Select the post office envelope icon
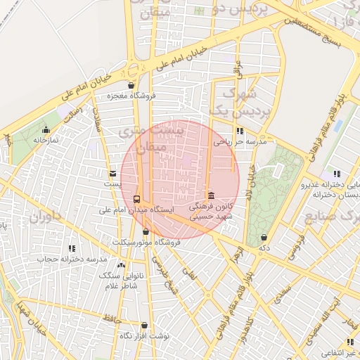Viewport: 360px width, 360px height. click(112, 173)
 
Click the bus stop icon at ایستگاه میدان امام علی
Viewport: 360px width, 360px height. click(136, 199)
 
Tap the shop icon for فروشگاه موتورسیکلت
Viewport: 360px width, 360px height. click(146, 231)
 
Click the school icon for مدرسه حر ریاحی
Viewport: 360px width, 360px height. click(240, 131)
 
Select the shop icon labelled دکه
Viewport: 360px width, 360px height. click(264, 238)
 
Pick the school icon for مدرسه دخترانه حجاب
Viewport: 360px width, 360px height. click(72, 248)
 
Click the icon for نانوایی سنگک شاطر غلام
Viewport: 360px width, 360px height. click(122, 266)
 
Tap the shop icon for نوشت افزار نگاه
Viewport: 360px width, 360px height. click(145, 326)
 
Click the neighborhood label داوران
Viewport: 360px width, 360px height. click(46, 216)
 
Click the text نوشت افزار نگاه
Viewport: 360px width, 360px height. click(145, 336)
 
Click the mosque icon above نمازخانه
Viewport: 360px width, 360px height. click(46, 129)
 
